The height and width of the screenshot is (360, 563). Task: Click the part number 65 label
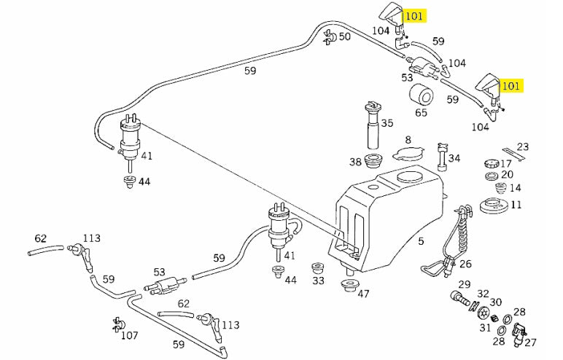[422, 113]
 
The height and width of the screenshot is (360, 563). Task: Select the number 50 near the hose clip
[344, 36]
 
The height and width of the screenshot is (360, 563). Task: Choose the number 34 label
[454, 158]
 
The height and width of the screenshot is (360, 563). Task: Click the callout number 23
[523, 146]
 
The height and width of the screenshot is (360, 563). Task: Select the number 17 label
[506, 163]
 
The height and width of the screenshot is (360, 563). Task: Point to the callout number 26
[465, 264]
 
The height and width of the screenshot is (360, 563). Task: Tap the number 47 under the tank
[362, 294]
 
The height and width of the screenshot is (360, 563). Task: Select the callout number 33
[318, 280]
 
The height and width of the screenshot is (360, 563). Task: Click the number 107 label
[129, 336]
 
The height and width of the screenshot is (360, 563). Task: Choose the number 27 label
[530, 342]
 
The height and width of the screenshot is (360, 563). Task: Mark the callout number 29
[465, 284]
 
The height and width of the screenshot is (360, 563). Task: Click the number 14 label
[516, 187]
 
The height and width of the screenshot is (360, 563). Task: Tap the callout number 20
[507, 175]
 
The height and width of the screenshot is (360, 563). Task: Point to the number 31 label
[484, 327]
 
